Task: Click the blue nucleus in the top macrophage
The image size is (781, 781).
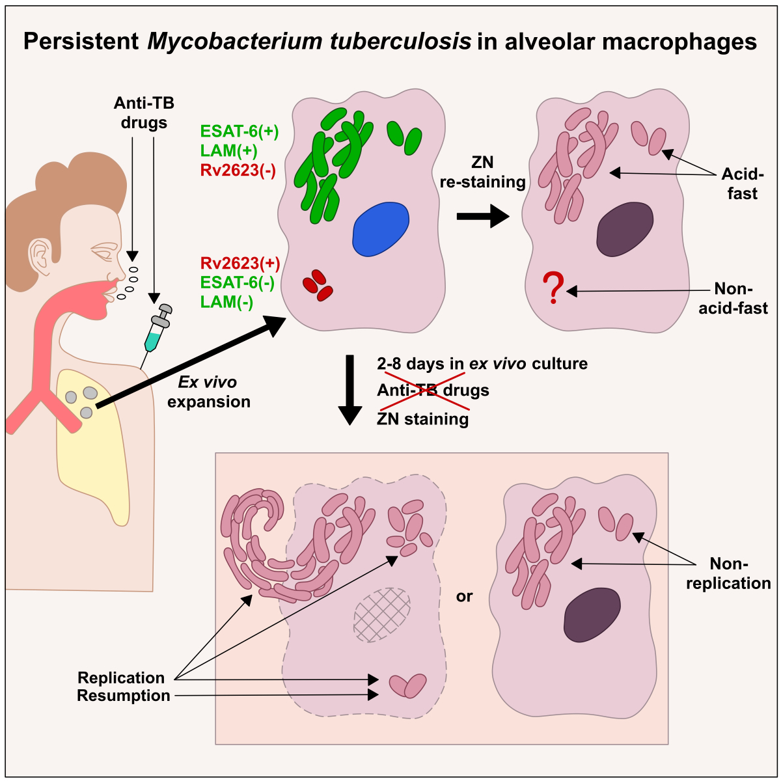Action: point(381,229)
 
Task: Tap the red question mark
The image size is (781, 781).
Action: point(553,289)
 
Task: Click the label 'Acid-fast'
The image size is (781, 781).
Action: point(741,184)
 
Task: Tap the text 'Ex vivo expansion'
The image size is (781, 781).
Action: point(208,392)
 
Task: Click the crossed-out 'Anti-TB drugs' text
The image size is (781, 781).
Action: point(433,390)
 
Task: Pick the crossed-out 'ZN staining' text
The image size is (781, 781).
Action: point(423,418)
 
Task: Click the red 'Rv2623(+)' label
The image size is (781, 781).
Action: point(240,264)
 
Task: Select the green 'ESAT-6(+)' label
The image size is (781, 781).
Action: point(240,132)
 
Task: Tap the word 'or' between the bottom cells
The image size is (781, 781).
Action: point(464,596)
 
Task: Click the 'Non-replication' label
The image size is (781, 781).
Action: point(728,573)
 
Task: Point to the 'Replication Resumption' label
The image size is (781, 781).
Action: point(123,687)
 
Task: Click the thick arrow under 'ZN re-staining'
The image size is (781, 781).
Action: point(482,216)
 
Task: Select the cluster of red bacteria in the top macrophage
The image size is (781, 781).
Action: point(317,285)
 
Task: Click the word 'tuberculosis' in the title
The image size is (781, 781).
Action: point(397,42)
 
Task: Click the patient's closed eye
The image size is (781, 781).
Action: point(103,251)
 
